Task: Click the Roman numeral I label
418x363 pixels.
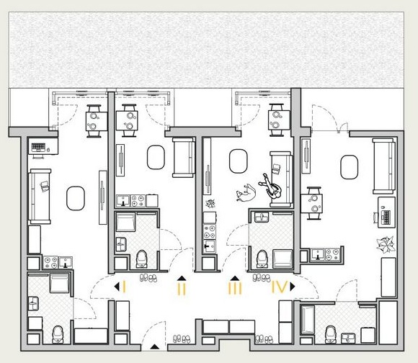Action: point(124,287)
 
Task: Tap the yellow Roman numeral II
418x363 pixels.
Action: point(182,289)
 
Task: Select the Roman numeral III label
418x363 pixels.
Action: point(235,288)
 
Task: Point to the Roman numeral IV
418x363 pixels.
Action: point(280,287)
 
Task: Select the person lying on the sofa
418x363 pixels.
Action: point(270,187)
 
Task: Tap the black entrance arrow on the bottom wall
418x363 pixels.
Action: point(154,346)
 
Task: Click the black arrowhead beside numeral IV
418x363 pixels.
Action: point(293,287)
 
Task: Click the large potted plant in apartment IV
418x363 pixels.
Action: point(386,244)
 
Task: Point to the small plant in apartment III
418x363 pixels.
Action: point(210,204)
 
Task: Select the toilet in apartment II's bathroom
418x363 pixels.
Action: point(141,259)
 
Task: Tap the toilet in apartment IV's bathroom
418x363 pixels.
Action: point(331,335)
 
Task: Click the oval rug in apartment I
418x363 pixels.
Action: point(76,198)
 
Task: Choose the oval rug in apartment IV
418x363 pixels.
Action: point(350,167)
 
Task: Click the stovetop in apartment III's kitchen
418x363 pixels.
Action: point(210,231)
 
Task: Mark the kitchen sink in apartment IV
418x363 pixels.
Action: point(318,254)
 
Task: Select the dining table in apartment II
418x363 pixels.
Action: point(127,121)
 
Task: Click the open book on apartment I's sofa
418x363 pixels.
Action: point(45,186)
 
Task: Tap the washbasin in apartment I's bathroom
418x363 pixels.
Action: point(34,303)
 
